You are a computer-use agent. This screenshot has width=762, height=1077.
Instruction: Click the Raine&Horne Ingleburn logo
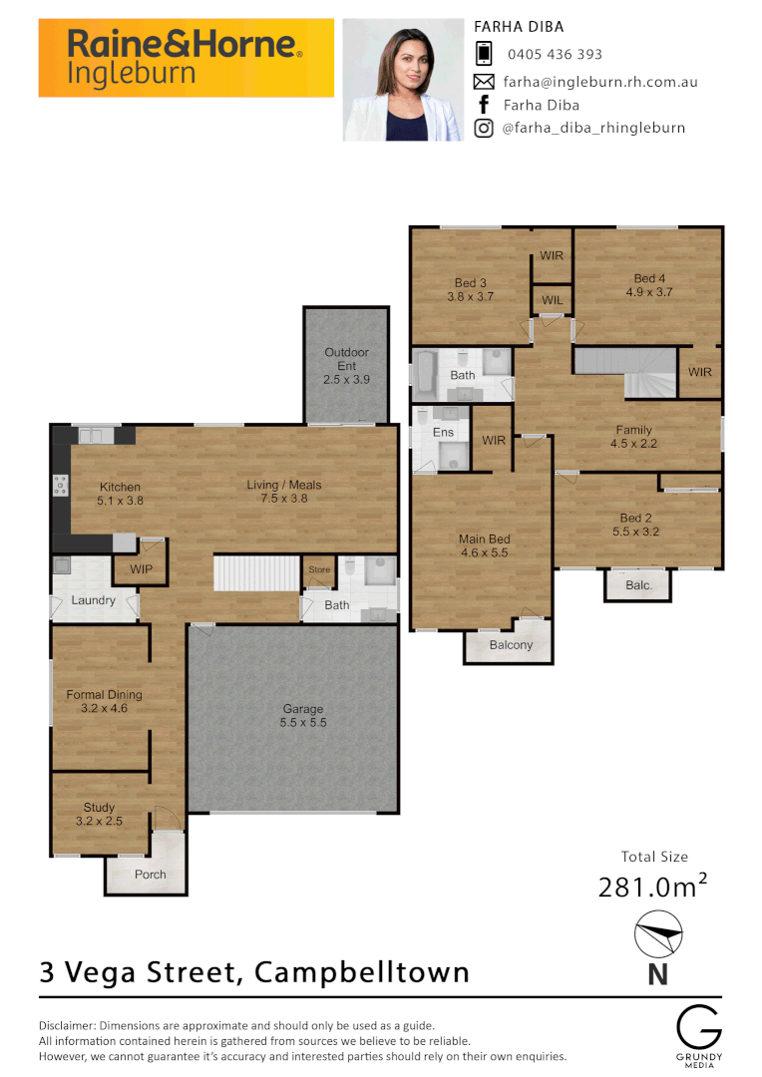(x=186, y=58)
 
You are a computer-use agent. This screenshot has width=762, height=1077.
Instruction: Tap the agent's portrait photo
(x=403, y=80)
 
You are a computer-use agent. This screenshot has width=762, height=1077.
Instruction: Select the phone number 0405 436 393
(x=555, y=55)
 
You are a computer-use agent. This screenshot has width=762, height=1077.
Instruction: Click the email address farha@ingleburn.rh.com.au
(x=599, y=82)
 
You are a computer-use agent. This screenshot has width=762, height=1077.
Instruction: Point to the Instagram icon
(x=484, y=128)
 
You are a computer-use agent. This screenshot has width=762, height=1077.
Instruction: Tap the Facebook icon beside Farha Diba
(x=484, y=105)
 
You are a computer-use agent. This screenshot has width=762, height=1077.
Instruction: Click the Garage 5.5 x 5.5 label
(x=303, y=716)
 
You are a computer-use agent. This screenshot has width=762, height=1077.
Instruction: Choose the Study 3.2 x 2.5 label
(x=99, y=814)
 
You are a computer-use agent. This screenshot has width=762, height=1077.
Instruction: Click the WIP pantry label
(x=141, y=569)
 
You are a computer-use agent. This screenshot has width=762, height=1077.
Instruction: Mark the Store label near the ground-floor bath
(x=318, y=570)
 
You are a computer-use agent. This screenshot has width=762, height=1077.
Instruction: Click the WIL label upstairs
(x=552, y=300)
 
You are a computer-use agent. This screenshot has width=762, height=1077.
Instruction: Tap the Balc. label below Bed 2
(x=638, y=585)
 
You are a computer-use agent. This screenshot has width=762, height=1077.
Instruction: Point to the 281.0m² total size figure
(x=652, y=887)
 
